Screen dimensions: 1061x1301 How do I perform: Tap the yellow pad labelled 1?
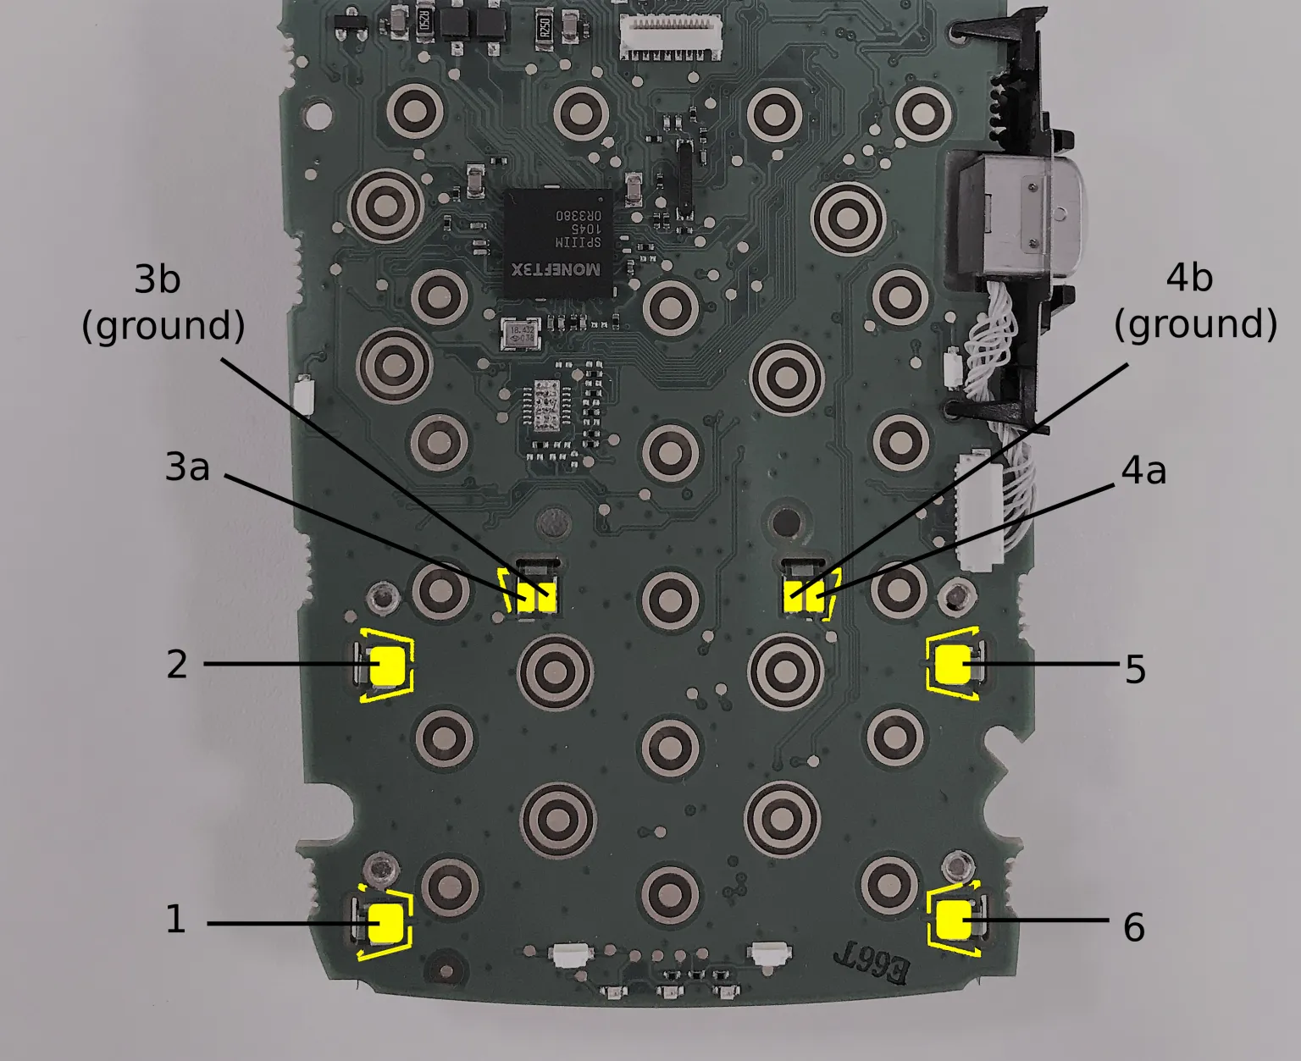tap(387, 923)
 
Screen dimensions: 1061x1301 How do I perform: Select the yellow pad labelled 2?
tap(389, 665)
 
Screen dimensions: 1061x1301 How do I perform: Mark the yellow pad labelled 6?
tap(955, 920)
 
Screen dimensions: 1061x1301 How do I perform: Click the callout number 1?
tap(175, 920)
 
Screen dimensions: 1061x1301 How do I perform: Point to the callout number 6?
tap(1133, 928)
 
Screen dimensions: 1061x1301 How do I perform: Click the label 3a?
tap(187, 467)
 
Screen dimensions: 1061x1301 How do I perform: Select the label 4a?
tap(1143, 471)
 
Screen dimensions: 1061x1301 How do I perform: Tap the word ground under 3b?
tap(163, 326)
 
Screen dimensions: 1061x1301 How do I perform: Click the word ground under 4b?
tap(1195, 324)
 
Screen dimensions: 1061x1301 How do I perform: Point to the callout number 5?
tap(1135, 670)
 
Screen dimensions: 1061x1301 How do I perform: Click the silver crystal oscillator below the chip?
tap(519, 334)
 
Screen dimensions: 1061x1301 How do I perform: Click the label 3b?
tap(158, 279)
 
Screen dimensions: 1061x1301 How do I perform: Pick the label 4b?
tap(1189, 278)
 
